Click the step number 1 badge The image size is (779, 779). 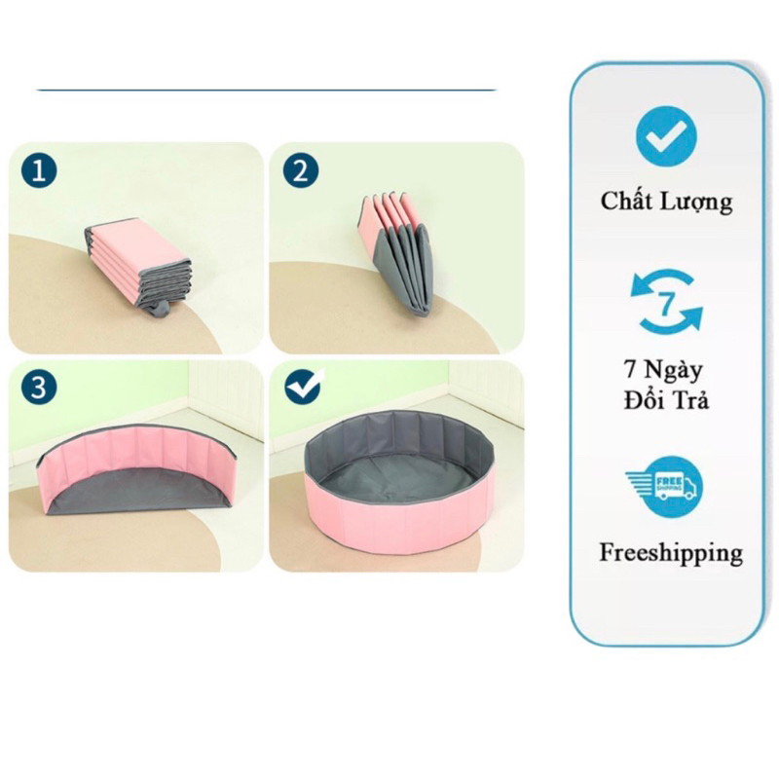pos(39,172)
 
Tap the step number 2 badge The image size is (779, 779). pos(300,172)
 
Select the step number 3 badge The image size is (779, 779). pos(39,386)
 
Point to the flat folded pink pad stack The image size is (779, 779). pos(138,261)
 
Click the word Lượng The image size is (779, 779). pos(699,203)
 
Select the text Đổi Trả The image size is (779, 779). pos(666,400)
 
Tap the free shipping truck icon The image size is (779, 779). pos(664,484)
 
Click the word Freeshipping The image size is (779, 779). pos(670,553)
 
